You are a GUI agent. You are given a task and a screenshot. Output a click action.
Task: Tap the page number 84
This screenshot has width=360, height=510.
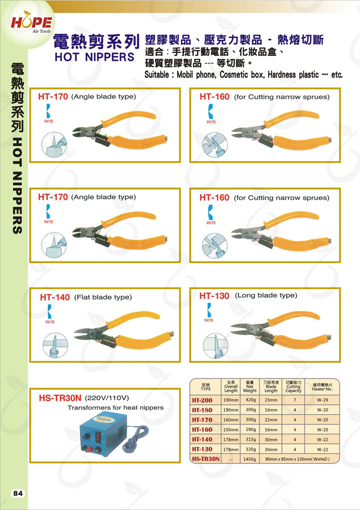[x=18, y=493]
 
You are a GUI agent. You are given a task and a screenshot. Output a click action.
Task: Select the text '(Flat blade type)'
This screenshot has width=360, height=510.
[x=103, y=297]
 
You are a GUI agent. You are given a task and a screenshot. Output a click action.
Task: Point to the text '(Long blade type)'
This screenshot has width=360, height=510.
[x=266, y=295]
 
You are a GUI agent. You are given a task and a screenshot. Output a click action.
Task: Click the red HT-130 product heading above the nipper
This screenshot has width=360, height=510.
[x=214, y=295]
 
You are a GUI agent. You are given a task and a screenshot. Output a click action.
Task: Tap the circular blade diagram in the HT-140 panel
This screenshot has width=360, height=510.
[x=55, y=345]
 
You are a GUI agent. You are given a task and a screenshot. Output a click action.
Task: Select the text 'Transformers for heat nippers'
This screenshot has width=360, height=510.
[x=115, y=407]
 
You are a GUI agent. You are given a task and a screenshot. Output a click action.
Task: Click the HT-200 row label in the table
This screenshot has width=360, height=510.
[x=202, y=400]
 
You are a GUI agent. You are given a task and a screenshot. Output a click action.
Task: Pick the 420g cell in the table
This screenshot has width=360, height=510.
[x=250, y=399]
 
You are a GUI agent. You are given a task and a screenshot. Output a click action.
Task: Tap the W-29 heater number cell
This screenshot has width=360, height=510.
[x=322, y=400]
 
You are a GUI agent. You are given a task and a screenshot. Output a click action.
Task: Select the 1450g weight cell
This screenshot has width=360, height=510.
[x=250, y=459]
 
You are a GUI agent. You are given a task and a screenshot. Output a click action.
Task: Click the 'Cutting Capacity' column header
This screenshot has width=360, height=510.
[x=293, y=386]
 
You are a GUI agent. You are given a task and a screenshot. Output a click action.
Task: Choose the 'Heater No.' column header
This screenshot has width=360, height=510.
[x=322, y=386]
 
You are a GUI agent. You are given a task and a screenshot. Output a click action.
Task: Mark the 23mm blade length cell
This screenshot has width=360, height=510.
[x=271, y=400]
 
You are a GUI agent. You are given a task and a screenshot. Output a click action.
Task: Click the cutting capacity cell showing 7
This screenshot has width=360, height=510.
[x=294, y=400]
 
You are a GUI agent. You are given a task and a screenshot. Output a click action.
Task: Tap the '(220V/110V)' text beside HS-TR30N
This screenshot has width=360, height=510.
[x=107, y=398]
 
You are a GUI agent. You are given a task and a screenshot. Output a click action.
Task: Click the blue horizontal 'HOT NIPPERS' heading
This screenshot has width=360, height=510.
[x=94, y=57]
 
